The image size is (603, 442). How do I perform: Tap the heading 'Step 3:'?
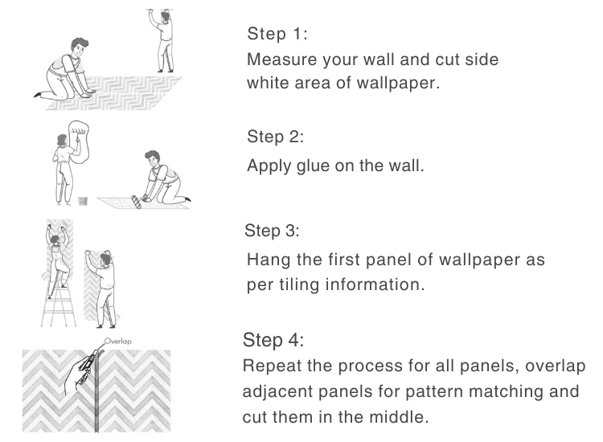click(271, 231)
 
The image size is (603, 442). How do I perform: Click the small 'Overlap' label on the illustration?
click(118, 340)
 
